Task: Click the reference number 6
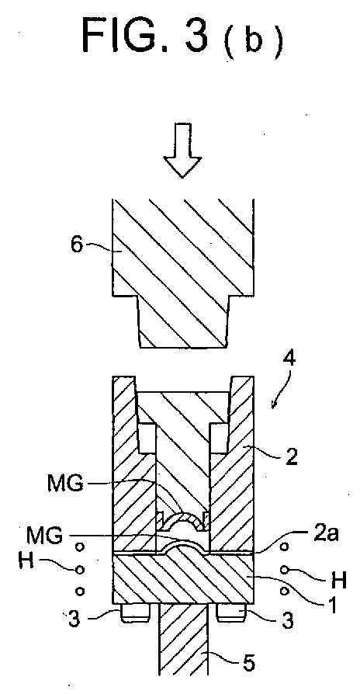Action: pos(78,245)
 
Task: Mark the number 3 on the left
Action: pos(74,619)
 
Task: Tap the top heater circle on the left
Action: pos(80,547)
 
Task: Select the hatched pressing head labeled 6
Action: pos(183,272)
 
